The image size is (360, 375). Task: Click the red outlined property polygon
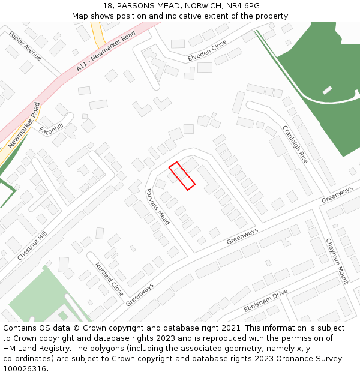click(182, 176)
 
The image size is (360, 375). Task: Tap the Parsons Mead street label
click(158, 207)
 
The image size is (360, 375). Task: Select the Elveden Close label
click(207, 50)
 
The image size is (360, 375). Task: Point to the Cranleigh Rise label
click(295, 144)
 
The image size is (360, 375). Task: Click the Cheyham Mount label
click(337, 261)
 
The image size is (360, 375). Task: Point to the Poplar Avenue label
click(25, 46)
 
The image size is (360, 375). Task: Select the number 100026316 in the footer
click(25, 369)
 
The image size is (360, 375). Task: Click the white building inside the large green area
click(327, 90)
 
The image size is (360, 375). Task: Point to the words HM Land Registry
click(30, 349)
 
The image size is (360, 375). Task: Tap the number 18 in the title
click(108, 6)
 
